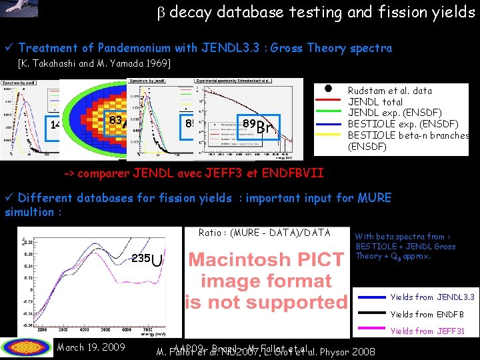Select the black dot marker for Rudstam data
329,89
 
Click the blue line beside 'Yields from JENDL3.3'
371,297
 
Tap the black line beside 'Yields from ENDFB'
371,315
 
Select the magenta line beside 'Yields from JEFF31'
371,331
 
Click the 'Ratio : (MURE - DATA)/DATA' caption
265,233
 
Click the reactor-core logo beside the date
27,347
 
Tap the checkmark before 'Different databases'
9,198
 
